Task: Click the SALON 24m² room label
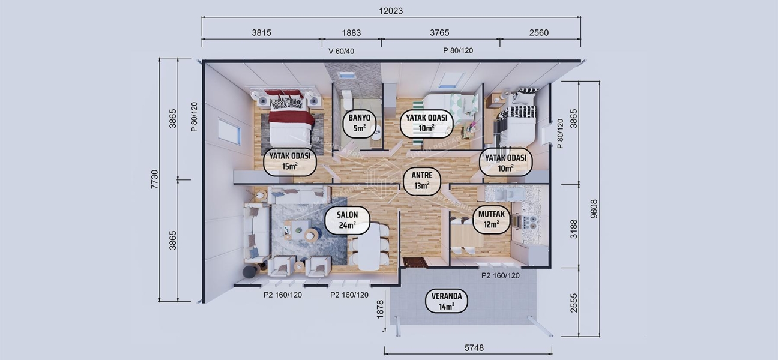[x=347, y=220]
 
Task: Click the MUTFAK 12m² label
[x=492, y=219]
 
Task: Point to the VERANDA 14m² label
[x=447, y=301]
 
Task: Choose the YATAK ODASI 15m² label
[x=290, y=161]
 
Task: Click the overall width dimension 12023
[x=391, y=10]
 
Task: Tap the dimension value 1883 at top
[x=351, y=33]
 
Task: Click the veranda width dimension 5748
[x=474, y=348]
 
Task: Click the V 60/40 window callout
[x=341, y=51]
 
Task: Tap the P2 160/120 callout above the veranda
[x=501, y=275]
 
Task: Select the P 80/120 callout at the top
[x=458, y=51]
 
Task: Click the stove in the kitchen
[x=530, y=220]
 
